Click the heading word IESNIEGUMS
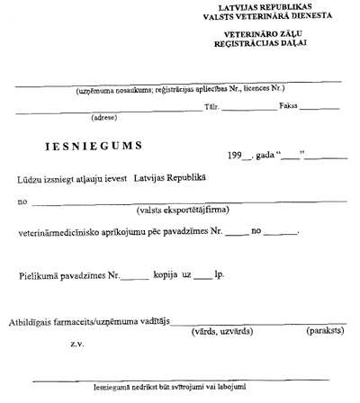(97, 145)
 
